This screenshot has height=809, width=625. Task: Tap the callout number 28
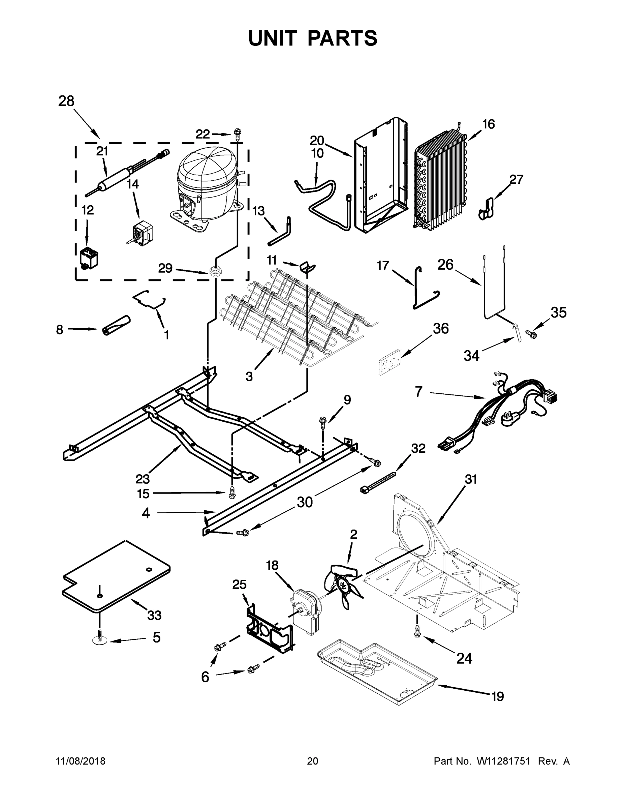click(66, 101)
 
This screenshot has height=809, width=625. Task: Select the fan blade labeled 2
click(343, 586)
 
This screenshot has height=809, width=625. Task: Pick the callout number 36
click(441, 329)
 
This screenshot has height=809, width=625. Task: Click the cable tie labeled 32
click(378, 482)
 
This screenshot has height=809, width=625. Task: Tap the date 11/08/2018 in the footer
click(81, 761)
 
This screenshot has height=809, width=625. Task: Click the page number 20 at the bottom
click(313, 761)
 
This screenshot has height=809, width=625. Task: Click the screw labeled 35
click(533, 334)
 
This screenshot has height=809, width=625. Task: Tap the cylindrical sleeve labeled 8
click(116, 326)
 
